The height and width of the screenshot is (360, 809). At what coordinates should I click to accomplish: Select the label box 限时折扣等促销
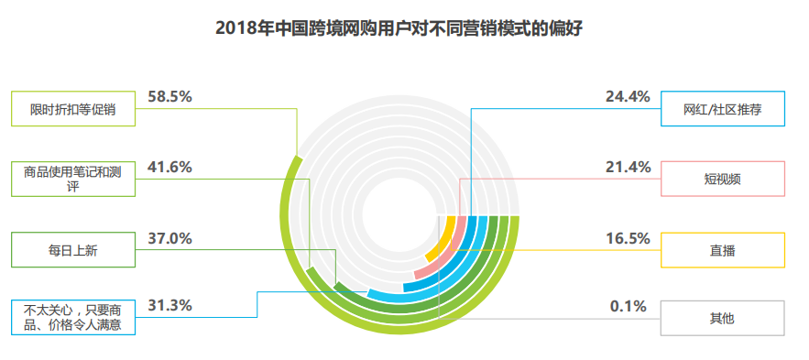pyautogui.click(x=72, y=109)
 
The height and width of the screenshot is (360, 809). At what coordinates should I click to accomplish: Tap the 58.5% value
pyautogui.click(x=169, y=96)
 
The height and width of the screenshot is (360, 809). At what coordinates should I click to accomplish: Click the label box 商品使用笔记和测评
pyautogui.click(x=72, y=179)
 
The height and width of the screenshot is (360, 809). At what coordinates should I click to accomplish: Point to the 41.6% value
pyautogui.click(x=169, y=167)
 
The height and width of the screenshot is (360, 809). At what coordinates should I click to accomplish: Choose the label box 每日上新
pyautogui.click(x=72, y=249)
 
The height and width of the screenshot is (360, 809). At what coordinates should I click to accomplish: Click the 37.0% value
pyautogui.click(x=169, y=238)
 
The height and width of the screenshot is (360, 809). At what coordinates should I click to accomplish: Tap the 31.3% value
pyautogui.click(x=169, y=306)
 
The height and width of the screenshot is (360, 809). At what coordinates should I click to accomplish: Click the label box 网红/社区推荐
pyautogui.click(x=723, y=109)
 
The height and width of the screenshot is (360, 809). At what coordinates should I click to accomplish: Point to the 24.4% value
pyautogui.click(x=628, y=96)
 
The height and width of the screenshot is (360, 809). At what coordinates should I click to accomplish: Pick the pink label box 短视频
pyautogui.click(x=723, y=179)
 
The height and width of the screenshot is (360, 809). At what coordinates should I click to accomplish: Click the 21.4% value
pyautogui.click(x=628, y=167)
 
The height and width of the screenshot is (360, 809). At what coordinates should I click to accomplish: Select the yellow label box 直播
pyautogui.click(x=723, y=249)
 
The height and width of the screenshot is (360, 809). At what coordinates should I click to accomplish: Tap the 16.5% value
pyautogui.click(x=628, y=238)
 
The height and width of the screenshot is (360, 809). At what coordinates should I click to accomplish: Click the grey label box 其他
pyautogui.click(x=723, y=318)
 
